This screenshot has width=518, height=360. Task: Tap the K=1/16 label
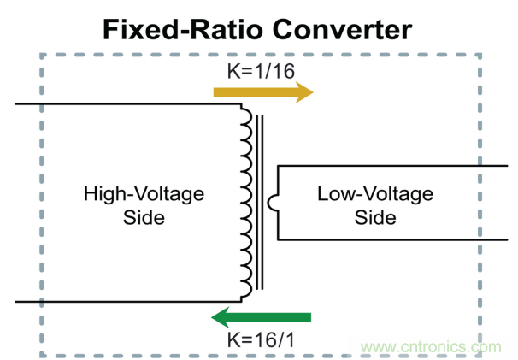tap(260, 70)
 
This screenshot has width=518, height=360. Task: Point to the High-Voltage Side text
tap(144, 206)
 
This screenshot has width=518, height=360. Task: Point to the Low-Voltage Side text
tap(375, 206)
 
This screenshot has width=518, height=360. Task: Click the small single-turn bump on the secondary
tap(271, 203)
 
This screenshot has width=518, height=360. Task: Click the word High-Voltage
tap(144, 195)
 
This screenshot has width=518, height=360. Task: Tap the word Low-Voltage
tap(375, 195)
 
